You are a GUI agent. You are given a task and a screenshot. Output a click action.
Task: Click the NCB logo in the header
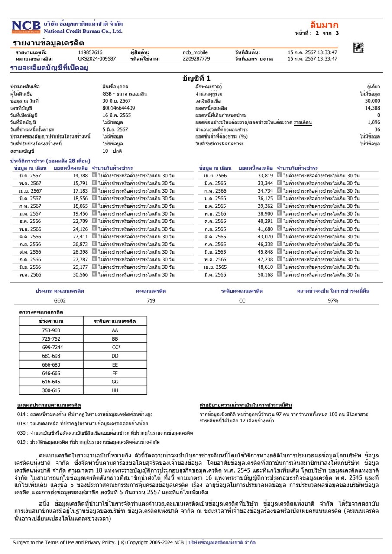click(26, 27)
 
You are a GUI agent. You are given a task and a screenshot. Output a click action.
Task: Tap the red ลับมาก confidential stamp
click(324, 25)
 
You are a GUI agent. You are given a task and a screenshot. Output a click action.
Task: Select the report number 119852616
click(90, 52)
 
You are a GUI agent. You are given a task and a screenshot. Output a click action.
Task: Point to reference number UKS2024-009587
click(97, 58)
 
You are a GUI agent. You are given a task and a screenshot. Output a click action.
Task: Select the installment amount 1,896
click(373, 122)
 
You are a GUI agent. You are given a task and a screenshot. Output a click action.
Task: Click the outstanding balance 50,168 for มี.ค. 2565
click(265, 274)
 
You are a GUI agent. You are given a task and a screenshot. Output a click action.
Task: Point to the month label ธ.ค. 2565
click(214, 206)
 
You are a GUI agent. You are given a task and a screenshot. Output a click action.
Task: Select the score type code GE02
click(60, 300)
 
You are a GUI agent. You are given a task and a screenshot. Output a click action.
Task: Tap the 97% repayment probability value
click(333, 300)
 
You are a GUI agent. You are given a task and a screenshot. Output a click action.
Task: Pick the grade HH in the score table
click(115, 391)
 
